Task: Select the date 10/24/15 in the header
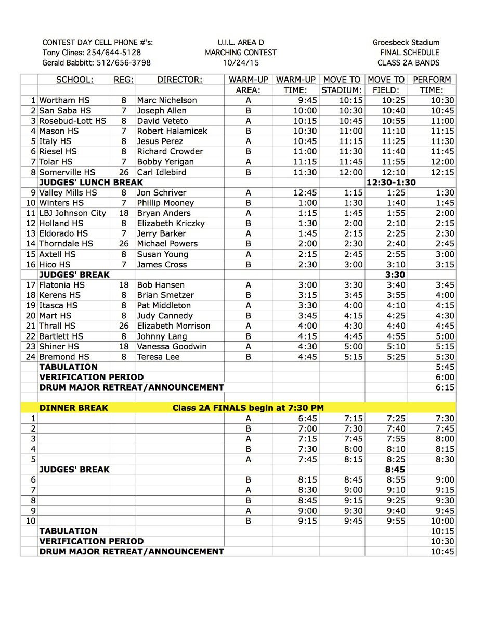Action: [x=240, y=63]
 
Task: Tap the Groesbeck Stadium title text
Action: [x=406, y=42]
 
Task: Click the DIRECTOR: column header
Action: [x=179, y=80]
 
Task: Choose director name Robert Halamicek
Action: [x=169, y=131]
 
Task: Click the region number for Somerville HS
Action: [x=124, y=172]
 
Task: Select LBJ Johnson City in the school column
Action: [x=72, y=213]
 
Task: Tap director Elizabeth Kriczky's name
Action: [x=171, y=223]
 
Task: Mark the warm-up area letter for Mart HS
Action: [x=248, y=316]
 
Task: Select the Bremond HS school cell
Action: [x=64, y=357]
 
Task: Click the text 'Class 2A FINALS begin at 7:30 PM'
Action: [x=248, y=408]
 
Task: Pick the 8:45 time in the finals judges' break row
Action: [x=395, y=470]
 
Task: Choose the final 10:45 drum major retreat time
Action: [x=442, y=552]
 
